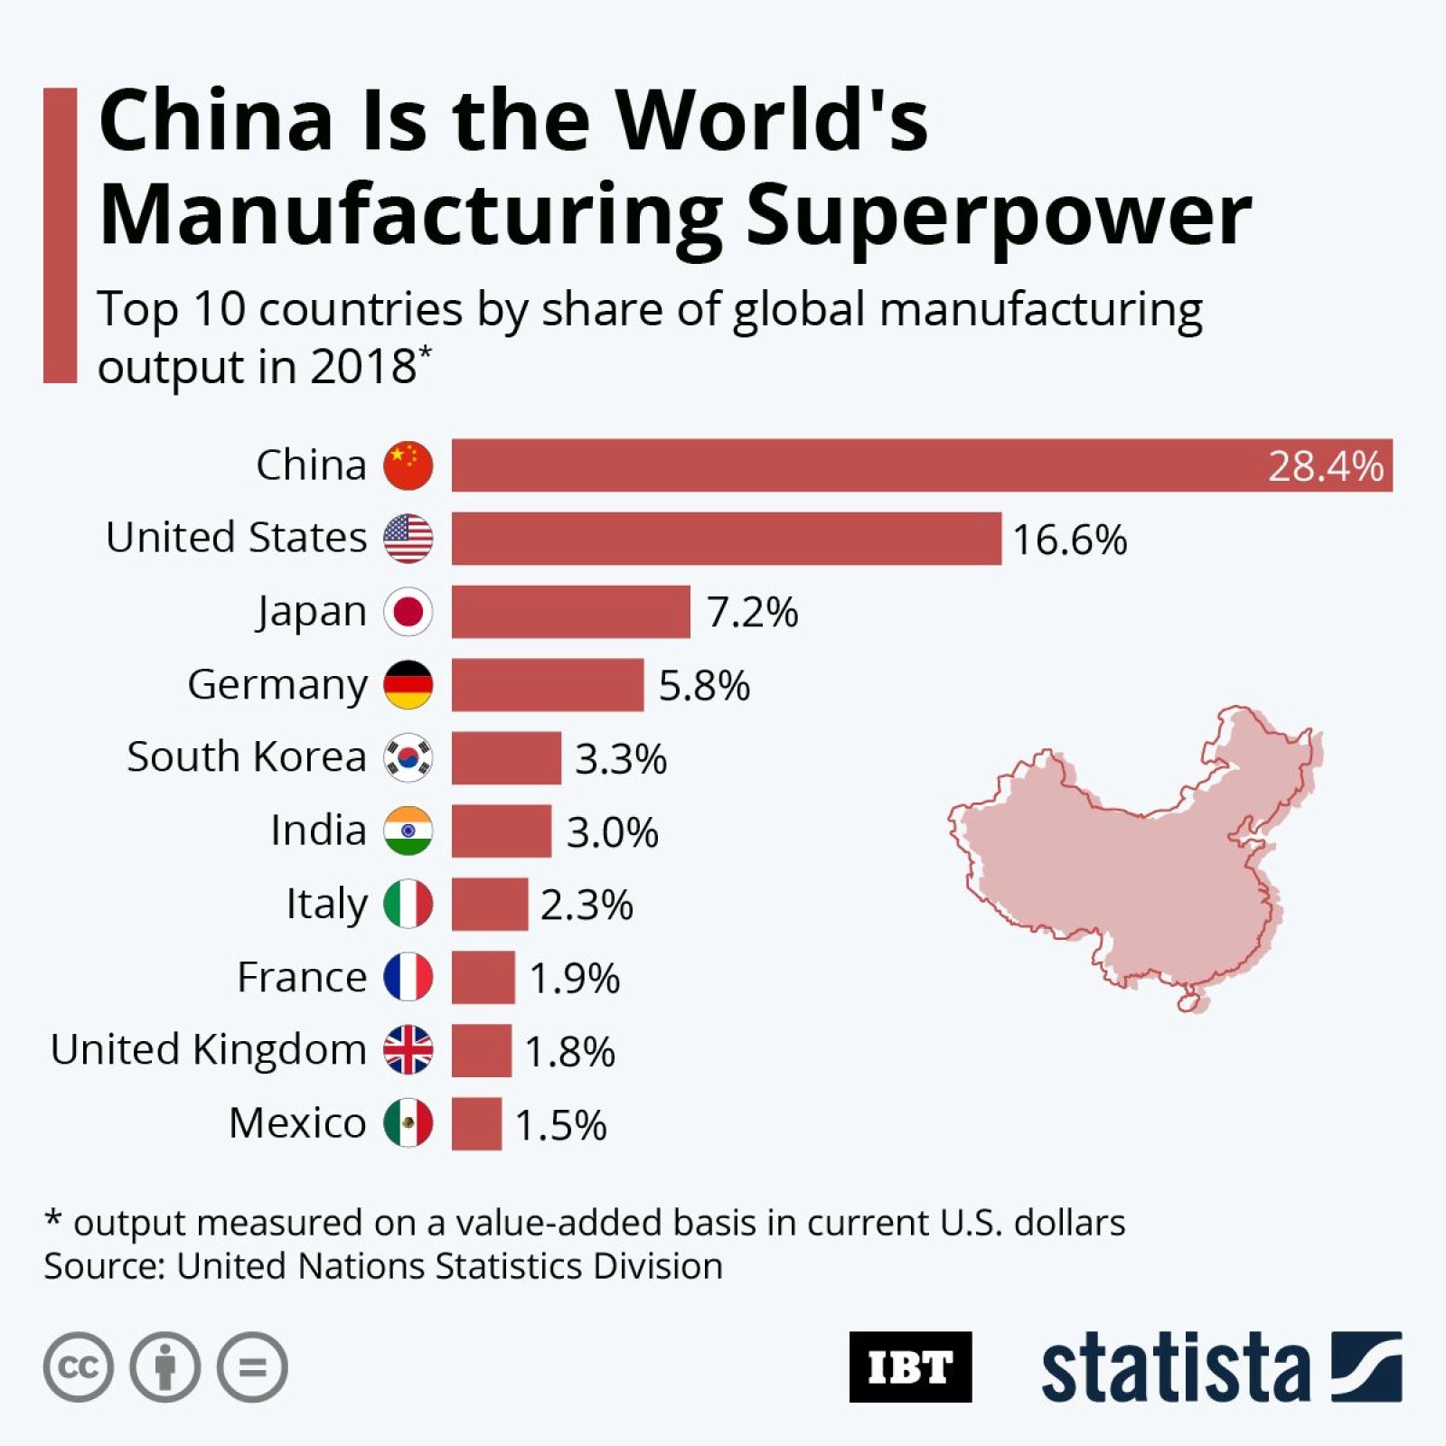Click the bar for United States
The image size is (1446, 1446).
[726, 539]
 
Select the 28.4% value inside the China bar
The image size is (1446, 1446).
[1325, 466]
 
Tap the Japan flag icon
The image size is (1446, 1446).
[408, 612]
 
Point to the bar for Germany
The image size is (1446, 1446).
[548, 685]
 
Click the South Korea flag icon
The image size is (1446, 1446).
[408, 757]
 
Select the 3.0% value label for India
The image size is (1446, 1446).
[612, 832]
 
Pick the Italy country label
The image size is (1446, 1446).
[327, 903]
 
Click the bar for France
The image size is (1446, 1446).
[484, 977]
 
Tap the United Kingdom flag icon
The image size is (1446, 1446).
[408, 1050]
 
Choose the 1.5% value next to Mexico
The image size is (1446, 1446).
[560, 1125]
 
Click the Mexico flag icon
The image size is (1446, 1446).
[408, 1123]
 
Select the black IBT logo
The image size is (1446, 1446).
[910, 1366]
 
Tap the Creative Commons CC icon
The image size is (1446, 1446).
[79, 1366]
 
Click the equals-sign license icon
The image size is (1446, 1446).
[252, 1366]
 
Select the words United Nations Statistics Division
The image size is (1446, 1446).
[449, 1266]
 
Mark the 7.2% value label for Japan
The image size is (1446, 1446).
[752, 613]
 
